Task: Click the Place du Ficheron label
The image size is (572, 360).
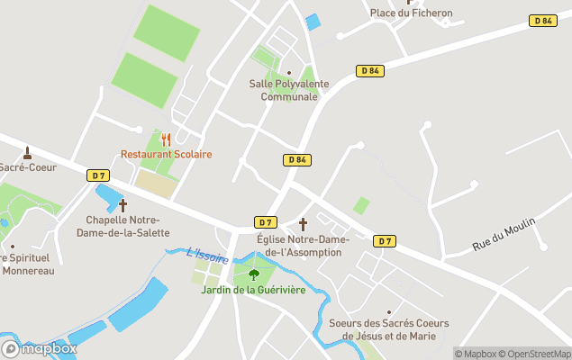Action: click(411, 13)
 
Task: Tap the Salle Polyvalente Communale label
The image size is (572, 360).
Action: click(289, 90)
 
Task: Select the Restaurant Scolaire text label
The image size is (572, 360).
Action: click(167, 155)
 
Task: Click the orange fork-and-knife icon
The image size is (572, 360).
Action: click(166, 139)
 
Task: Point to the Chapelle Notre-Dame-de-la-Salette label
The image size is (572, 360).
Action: click(123, 226)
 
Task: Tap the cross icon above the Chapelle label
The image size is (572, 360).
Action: click(123, 205)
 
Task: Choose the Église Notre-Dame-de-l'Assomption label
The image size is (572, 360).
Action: click(303, 246)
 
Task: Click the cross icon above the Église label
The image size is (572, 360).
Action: click(303, 224)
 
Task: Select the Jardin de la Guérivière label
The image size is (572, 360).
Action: click(253, 290)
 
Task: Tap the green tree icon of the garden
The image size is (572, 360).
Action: click(253, 274)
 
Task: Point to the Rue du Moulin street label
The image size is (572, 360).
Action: click(504, 234)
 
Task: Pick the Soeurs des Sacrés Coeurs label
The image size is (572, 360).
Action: click(389, 329)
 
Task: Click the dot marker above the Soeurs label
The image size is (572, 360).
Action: click(389, 312)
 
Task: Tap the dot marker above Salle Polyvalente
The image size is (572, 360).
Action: click(288, 73)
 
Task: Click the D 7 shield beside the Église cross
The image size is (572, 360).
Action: click(265, 222)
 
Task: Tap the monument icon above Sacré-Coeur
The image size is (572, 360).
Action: click(27, 152)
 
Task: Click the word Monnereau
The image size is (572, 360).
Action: click(28, 271)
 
